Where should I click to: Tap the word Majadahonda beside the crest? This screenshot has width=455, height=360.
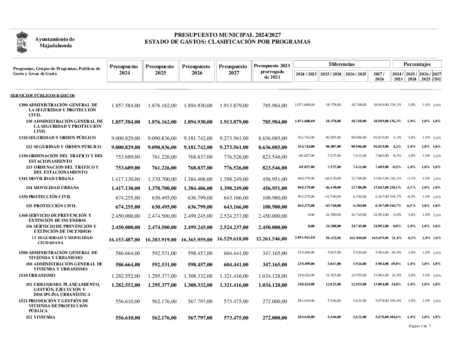(56, 45)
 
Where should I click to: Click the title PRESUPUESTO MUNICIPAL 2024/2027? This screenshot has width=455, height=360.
(227, 35)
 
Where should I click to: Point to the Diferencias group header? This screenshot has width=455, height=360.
(342, 64)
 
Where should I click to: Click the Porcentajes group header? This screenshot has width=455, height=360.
(417, 64)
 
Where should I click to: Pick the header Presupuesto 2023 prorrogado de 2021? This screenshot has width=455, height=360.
(272, 71)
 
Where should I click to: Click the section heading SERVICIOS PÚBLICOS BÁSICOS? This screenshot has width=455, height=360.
(43, 95)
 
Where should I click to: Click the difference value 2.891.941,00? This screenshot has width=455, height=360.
(305, 238)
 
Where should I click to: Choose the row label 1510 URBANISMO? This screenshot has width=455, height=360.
(37, 275)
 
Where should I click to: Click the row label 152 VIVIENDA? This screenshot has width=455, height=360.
(40, 317)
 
